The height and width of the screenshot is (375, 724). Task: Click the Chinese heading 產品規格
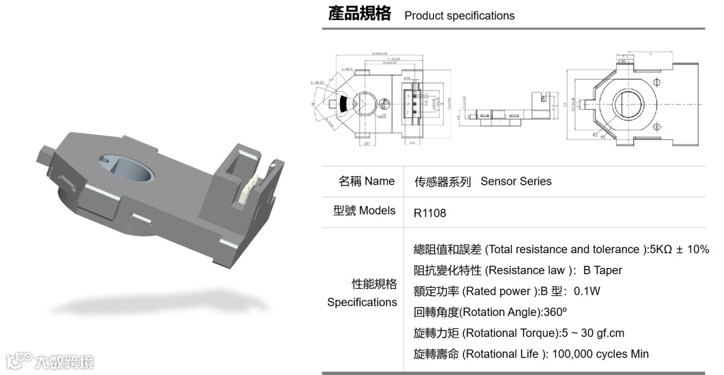click(359, 14)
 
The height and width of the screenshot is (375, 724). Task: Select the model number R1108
click(430, 213)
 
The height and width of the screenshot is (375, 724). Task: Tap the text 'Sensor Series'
click(516, 181)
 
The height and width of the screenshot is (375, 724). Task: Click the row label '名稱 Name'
click(367, 181)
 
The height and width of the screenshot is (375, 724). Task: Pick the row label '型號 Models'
click(365, 210)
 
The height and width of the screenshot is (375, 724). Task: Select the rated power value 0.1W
click(587, 291)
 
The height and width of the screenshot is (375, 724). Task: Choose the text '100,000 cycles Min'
click(600, 354)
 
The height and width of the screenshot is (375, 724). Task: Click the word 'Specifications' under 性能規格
click(362, 302)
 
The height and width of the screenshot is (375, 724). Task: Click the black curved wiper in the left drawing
click(343, 104)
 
